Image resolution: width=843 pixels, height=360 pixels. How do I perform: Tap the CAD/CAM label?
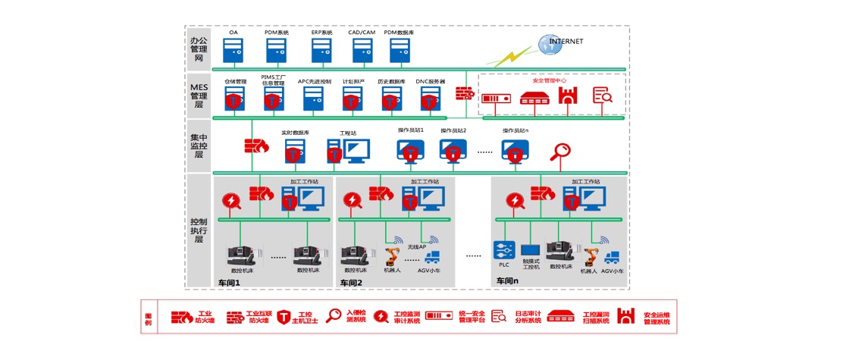362,33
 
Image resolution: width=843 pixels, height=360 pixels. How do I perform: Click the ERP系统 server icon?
322,51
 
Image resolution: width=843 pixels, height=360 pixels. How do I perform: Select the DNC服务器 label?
431,81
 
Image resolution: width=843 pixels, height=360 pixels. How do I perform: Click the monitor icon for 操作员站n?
516,151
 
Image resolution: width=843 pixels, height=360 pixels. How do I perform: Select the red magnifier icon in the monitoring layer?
561,150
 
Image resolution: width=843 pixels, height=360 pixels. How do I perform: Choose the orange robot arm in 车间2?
393,255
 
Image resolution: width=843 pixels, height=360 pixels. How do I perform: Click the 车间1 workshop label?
228,283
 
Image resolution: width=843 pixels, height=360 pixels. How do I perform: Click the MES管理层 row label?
199,96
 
